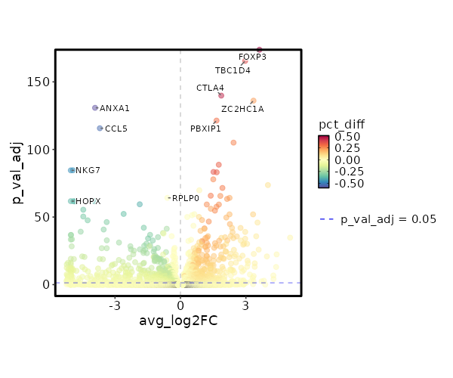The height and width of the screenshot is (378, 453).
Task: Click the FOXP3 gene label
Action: coord(252,57)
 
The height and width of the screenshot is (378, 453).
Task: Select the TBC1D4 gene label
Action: coord(233,70)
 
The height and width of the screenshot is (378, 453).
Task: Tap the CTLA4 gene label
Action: coord(210,88)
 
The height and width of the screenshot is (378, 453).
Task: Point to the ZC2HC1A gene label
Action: coord(242,109)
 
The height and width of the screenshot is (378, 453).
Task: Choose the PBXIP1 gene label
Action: coord(205,129)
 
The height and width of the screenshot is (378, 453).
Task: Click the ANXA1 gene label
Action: coord(115,108)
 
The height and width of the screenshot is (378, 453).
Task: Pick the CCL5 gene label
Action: coord(116,129)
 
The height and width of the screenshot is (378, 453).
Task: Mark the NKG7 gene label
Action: coord(88,170)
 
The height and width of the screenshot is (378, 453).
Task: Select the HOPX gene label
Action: coord(88,201)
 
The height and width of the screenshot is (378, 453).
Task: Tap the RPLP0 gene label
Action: coord(186,198)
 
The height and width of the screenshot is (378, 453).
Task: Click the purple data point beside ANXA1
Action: coord(95,108)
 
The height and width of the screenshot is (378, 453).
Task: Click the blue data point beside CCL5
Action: coord(100,129)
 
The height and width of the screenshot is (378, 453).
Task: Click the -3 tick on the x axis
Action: coord(115,305)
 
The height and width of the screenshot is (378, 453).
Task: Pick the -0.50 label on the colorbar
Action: coord(350,183)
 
